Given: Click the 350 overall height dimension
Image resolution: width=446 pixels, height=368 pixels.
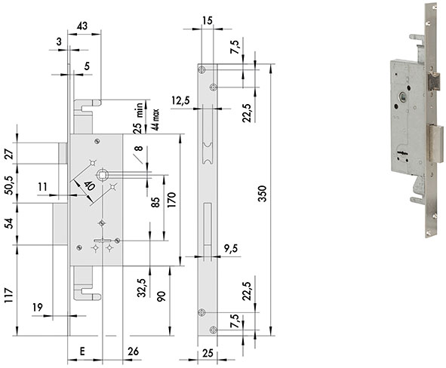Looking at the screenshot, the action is click(x=262, y=194).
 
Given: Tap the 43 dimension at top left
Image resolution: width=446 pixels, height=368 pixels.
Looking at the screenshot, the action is click(x=82, y=26).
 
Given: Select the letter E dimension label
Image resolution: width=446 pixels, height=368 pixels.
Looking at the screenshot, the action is click(x=82, y=351).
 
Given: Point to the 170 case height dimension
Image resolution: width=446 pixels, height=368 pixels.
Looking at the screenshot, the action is click(x=171, y=200).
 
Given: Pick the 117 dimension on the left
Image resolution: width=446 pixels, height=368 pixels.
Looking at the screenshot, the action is click(x=9, y=295).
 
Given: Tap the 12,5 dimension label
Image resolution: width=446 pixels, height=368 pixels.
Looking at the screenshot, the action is click(x=180, y=100).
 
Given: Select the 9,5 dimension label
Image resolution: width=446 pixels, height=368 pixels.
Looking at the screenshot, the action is click(x=231, y=248).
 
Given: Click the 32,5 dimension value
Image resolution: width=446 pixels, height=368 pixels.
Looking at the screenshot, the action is click(x=141, y=287).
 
